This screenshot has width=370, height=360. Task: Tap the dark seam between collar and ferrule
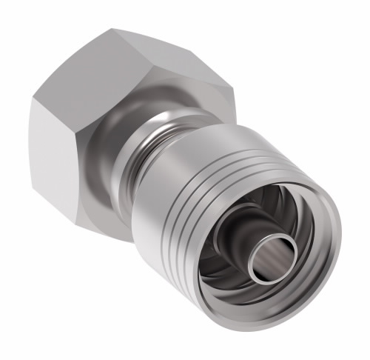click(159, 159)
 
